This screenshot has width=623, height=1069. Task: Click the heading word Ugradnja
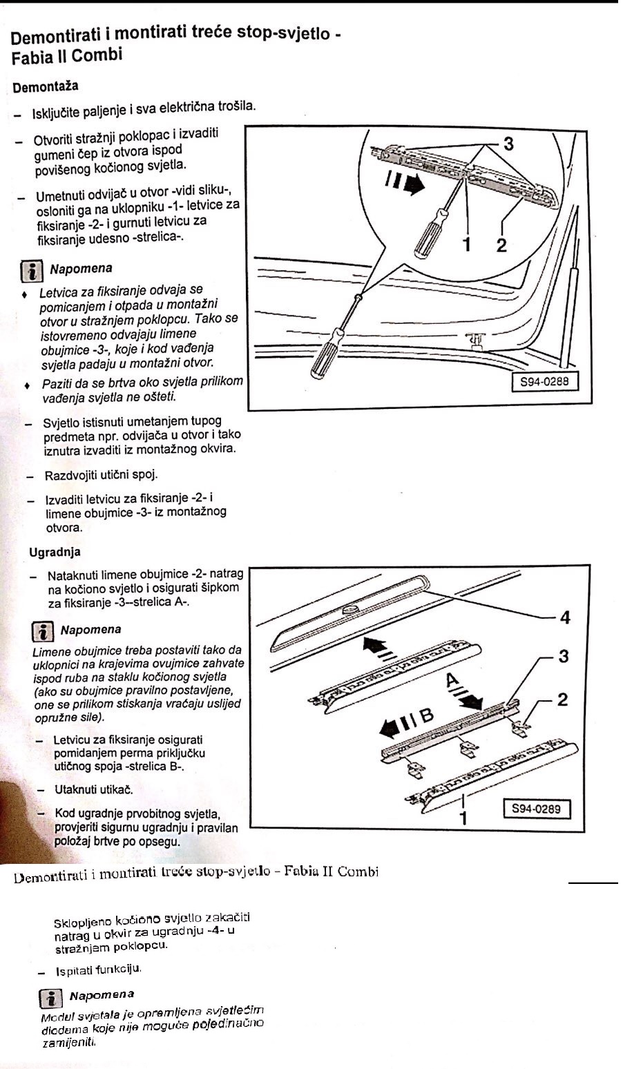(x=55, y=552)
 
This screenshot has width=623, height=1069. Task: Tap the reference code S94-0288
(x=544, y=381)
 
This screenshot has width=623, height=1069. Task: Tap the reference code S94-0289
(x=536, y=808)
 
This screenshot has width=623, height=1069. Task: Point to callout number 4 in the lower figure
(x=565, y=617)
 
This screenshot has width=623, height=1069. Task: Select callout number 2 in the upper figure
(x=501, y=244)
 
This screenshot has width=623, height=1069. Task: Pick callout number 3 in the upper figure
(x=509, y=144)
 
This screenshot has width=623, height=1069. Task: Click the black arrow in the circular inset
(x=412, y=184)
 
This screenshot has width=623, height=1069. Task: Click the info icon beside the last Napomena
(x=50, y=997)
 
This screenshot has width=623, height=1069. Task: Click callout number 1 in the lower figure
(x=464, y=818)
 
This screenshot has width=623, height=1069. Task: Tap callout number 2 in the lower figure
(x=562, y=700)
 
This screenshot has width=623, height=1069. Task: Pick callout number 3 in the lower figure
(x=564, y=656)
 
